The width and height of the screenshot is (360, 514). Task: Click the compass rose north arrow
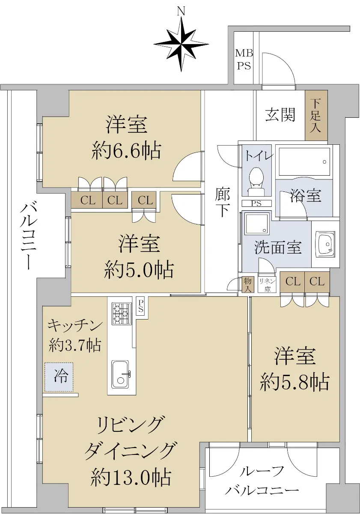[181, 45]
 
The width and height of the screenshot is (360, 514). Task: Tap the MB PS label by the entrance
[244, 60]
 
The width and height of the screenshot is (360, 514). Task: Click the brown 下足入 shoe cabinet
[316, 115]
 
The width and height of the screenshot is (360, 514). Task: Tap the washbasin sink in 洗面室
[325, 244]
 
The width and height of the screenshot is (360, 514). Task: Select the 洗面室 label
[278, 248]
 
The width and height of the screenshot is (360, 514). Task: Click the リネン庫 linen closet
[268, 285]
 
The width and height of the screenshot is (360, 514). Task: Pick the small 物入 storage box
[248, 284]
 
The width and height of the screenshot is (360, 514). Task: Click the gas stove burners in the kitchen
[122, 314]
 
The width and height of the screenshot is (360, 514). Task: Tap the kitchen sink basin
[120, 374]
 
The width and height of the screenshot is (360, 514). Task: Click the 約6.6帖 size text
[126, 151]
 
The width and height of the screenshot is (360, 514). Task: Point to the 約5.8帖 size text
[295, 381]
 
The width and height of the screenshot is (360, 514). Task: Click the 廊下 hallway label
[223, 202]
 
